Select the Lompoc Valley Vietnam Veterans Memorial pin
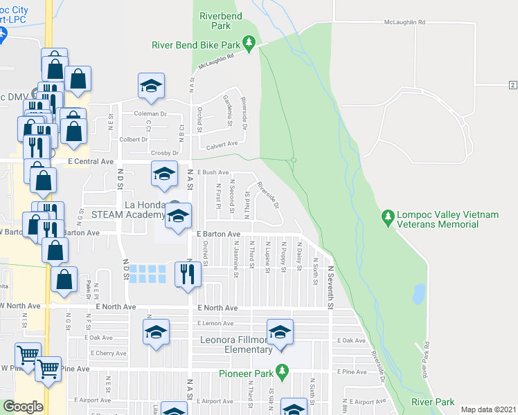(x=387, y=219)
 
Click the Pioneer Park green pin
(x=281, y=371)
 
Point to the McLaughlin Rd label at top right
(x=404, y=22)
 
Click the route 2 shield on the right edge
(x=512, y=84)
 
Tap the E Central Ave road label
(x=86, y=161)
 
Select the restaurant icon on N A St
(x=188, y=275)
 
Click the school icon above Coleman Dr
(x=151, y=86)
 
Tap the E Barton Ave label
(x=218, y=234)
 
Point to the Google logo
(x=23, y=406)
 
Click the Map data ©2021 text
(x=488, y=409)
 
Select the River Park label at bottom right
(x=434, y=402)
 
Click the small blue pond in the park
(x=418, y=294)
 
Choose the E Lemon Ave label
(x=215, y=323)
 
